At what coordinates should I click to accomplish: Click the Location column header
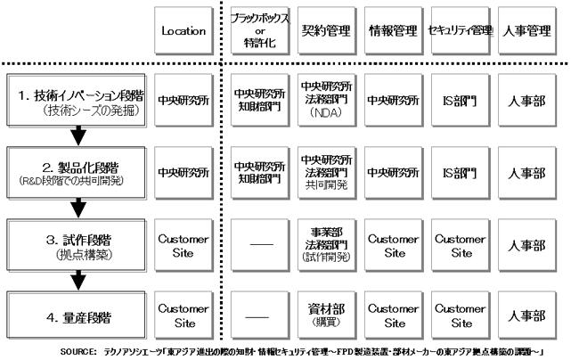point(183,31)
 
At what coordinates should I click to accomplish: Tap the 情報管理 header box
point(392,31)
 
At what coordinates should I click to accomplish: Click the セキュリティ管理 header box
point(460,31)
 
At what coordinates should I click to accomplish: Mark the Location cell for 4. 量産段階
point(183,315)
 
